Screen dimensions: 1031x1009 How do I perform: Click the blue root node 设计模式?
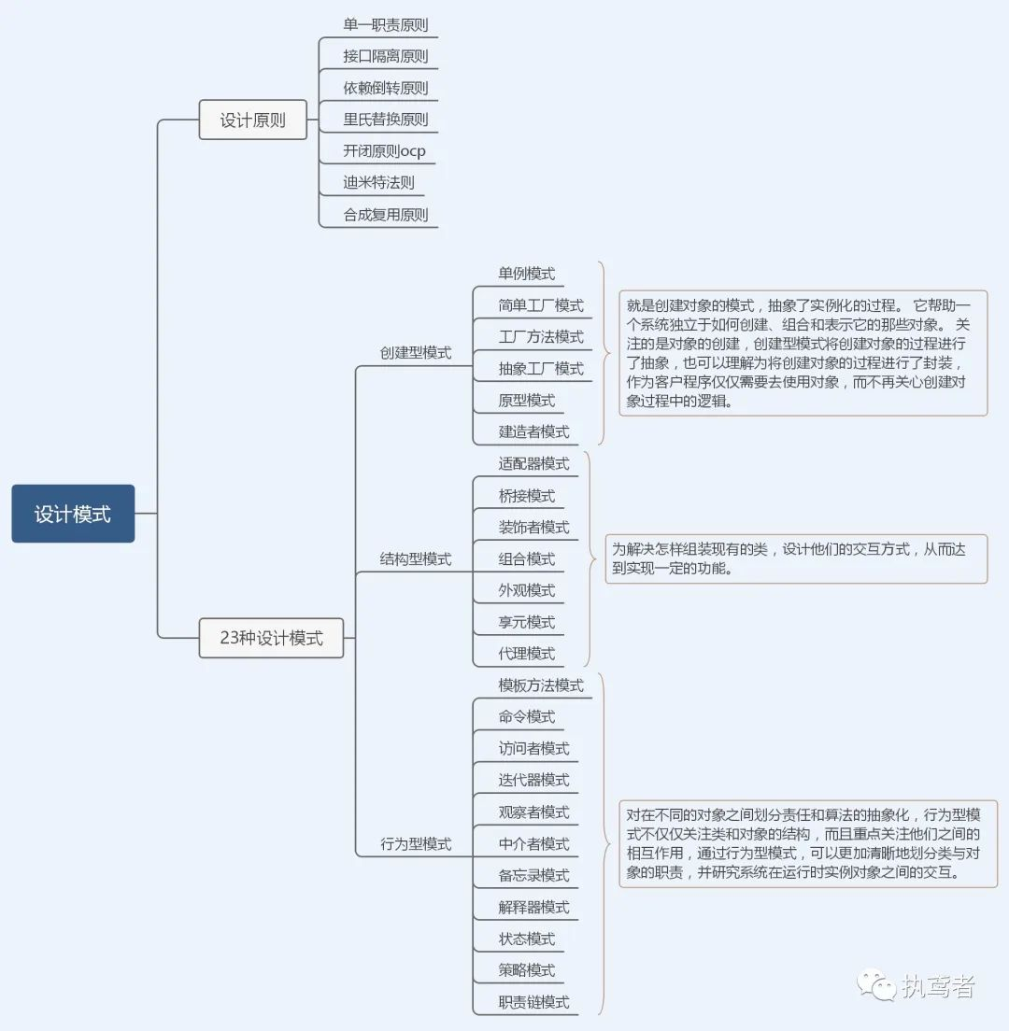[73, 514]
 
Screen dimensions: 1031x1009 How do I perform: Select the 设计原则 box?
[252, 120]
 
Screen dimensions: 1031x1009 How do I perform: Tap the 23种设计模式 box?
[271, 638]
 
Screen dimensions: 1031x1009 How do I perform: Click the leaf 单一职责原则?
[385, 25]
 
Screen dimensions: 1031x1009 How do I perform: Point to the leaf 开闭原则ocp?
[384, 151]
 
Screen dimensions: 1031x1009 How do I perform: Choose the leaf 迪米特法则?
[378, 183]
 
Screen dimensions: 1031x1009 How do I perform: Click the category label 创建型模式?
[415, 352]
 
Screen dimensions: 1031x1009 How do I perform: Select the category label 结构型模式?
[415, 558]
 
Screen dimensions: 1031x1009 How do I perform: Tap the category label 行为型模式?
[415, 843]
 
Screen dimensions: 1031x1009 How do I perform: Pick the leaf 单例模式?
[526, 274]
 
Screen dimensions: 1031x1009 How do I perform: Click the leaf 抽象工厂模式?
[541, 368]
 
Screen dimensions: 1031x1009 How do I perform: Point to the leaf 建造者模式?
[533, 431]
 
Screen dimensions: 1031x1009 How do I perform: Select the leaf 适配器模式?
[533, 463]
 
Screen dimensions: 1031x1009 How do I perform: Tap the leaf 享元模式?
[526, 622]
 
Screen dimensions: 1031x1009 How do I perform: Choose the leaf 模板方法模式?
[541, 685]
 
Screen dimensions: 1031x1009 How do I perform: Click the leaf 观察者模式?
[533, 812]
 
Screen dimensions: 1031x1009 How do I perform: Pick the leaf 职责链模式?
[533, 1002]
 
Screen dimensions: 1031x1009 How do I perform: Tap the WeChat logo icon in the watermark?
[876, 985]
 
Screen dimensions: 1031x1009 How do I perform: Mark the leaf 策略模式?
[526, 970]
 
